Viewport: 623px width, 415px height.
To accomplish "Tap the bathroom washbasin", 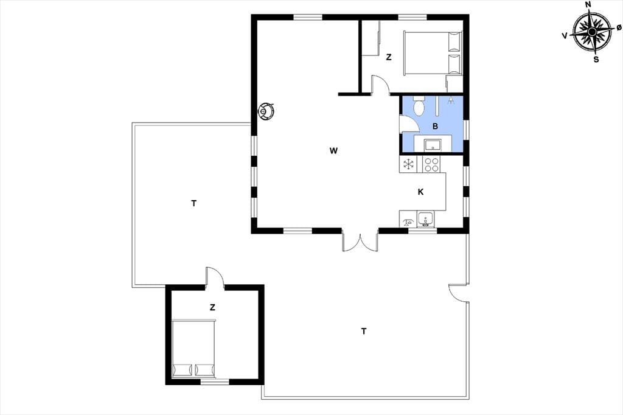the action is [433, 144].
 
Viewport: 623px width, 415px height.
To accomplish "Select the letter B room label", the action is [435, 127].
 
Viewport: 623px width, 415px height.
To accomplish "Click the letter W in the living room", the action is [333, 151].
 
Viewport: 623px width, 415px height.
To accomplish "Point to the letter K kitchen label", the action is [420, 192].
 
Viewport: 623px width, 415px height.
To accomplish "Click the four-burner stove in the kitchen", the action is [431, 164].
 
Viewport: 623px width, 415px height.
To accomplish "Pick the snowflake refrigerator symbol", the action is [408, 164].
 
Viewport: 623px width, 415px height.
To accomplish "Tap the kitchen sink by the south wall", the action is [425, 220].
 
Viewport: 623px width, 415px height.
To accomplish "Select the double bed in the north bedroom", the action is [433, 53].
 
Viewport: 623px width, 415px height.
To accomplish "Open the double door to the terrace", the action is [360, 242].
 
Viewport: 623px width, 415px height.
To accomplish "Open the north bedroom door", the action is [380, 84].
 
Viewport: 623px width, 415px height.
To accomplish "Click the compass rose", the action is [592, 32].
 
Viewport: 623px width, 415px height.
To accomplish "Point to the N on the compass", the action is [588, 5].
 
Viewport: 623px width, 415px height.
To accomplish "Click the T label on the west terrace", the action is [193, 203].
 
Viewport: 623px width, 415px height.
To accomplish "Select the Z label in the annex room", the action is [212, 307].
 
